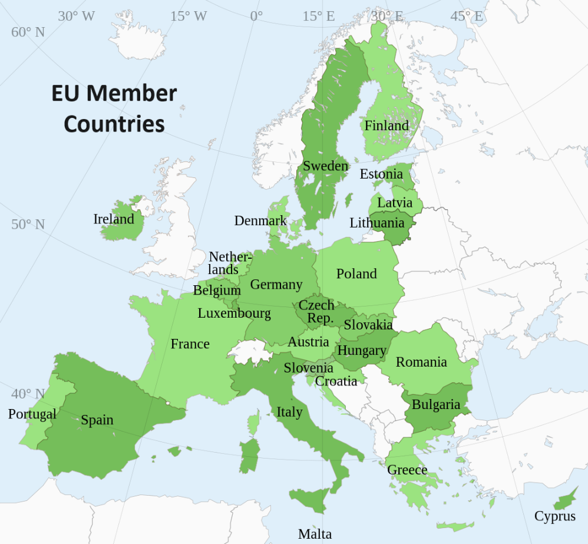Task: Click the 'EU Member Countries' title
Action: [x=114, y=108]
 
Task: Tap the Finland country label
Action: [x=386, y=126]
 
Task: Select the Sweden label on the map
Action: [x=325, y=166]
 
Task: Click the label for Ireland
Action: [x=114, y=219]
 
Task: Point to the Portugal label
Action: [x=32, y=414]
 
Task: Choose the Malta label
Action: [x=315, y=534]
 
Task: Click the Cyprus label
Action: [x=554, y=516]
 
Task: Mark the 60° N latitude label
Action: [x=28, y=32]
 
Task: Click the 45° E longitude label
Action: [x=466, y=16]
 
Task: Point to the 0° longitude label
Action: [x=256, y=16]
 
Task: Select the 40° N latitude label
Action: [x=28, y=393]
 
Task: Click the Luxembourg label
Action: [x=234, y=313]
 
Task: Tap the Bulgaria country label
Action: [x=435, y=404]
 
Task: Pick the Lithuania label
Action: [x=377, y=223]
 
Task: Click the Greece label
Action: [x=407, y=470]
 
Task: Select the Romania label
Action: [x=421, y=362]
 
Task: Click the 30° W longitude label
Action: [x=76, y=16]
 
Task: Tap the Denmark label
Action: [x=260, y=220]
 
